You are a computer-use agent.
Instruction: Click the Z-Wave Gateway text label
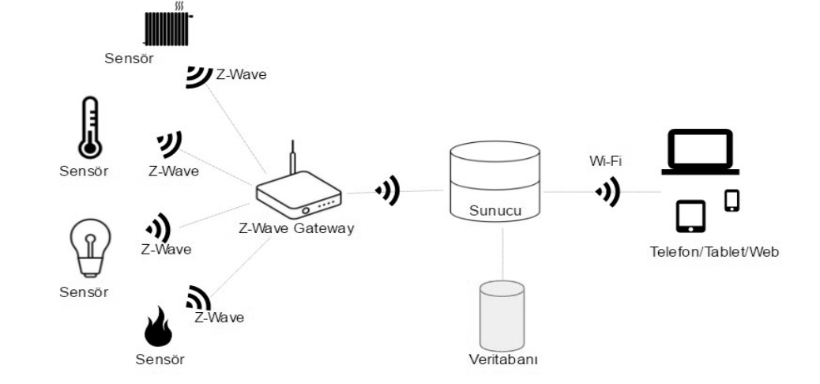pos(295,229)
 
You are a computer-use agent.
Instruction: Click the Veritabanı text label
pos(503,360)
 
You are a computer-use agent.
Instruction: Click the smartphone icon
pos(732,201)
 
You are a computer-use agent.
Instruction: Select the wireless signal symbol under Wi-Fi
pos(607,190)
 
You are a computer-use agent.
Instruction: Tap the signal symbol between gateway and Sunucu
pos(387,190)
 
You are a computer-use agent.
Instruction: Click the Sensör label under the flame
pos(160,360)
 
